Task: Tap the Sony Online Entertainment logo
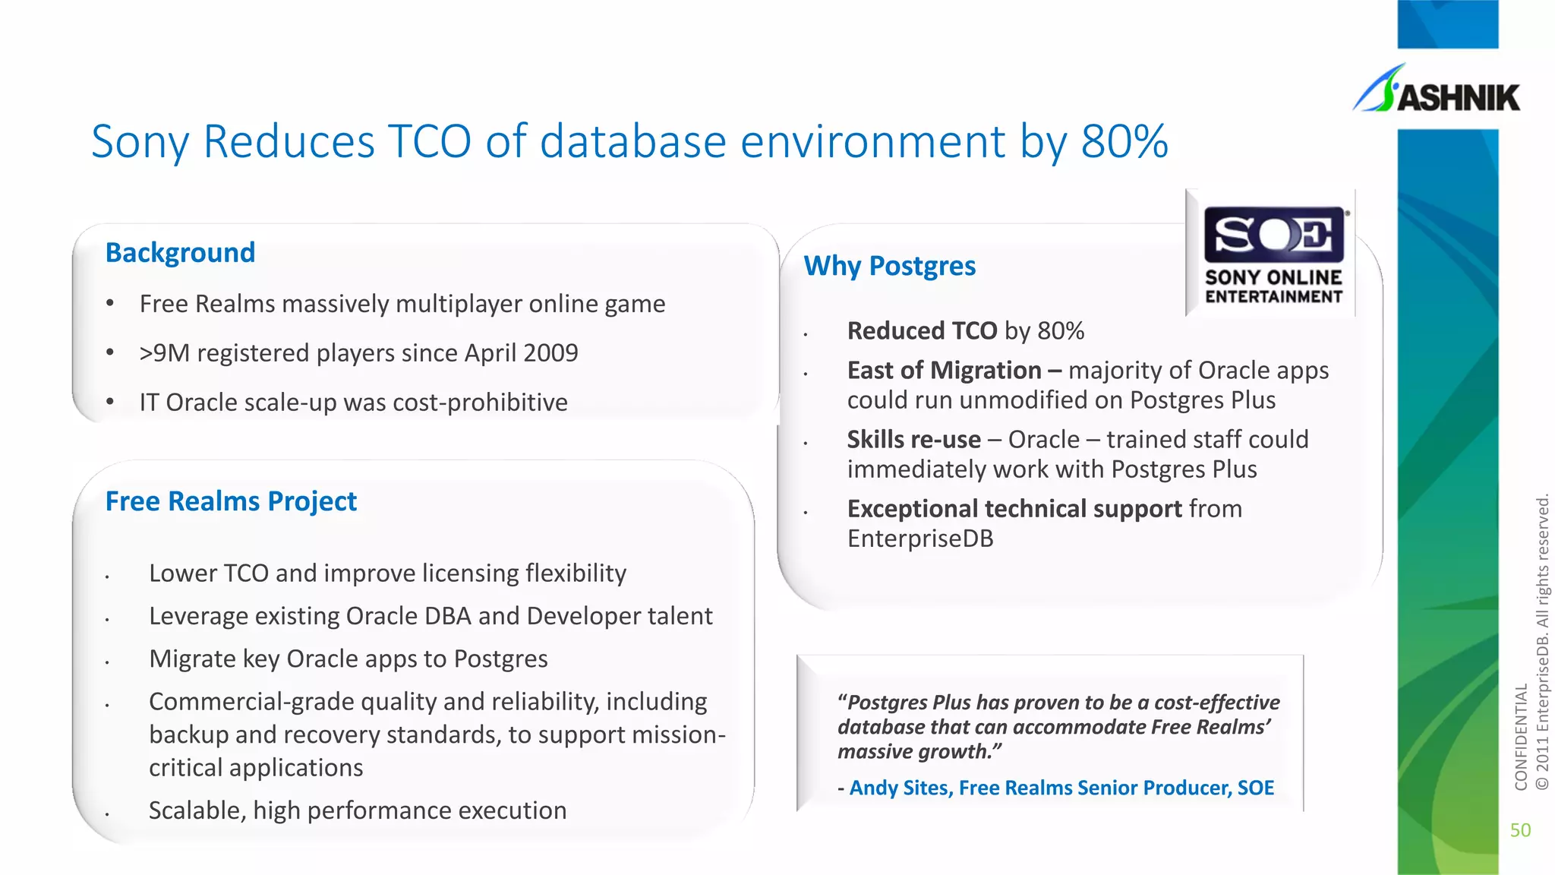(x=1273, y=254)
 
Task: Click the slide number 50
(x=1520, y=830)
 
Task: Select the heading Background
(x=180, y=252)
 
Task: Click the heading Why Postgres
(x=889, y=266)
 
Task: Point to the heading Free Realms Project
(x=231, y=501)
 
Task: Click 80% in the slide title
(x=1124, y=141)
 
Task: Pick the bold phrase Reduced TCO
(x=922, y=331)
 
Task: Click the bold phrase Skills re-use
(x=914, y=440)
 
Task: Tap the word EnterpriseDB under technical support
(x=920, y=539)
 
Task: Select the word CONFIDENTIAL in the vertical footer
(x=1520, y=737)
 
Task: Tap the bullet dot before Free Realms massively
(x=110, y=304)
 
